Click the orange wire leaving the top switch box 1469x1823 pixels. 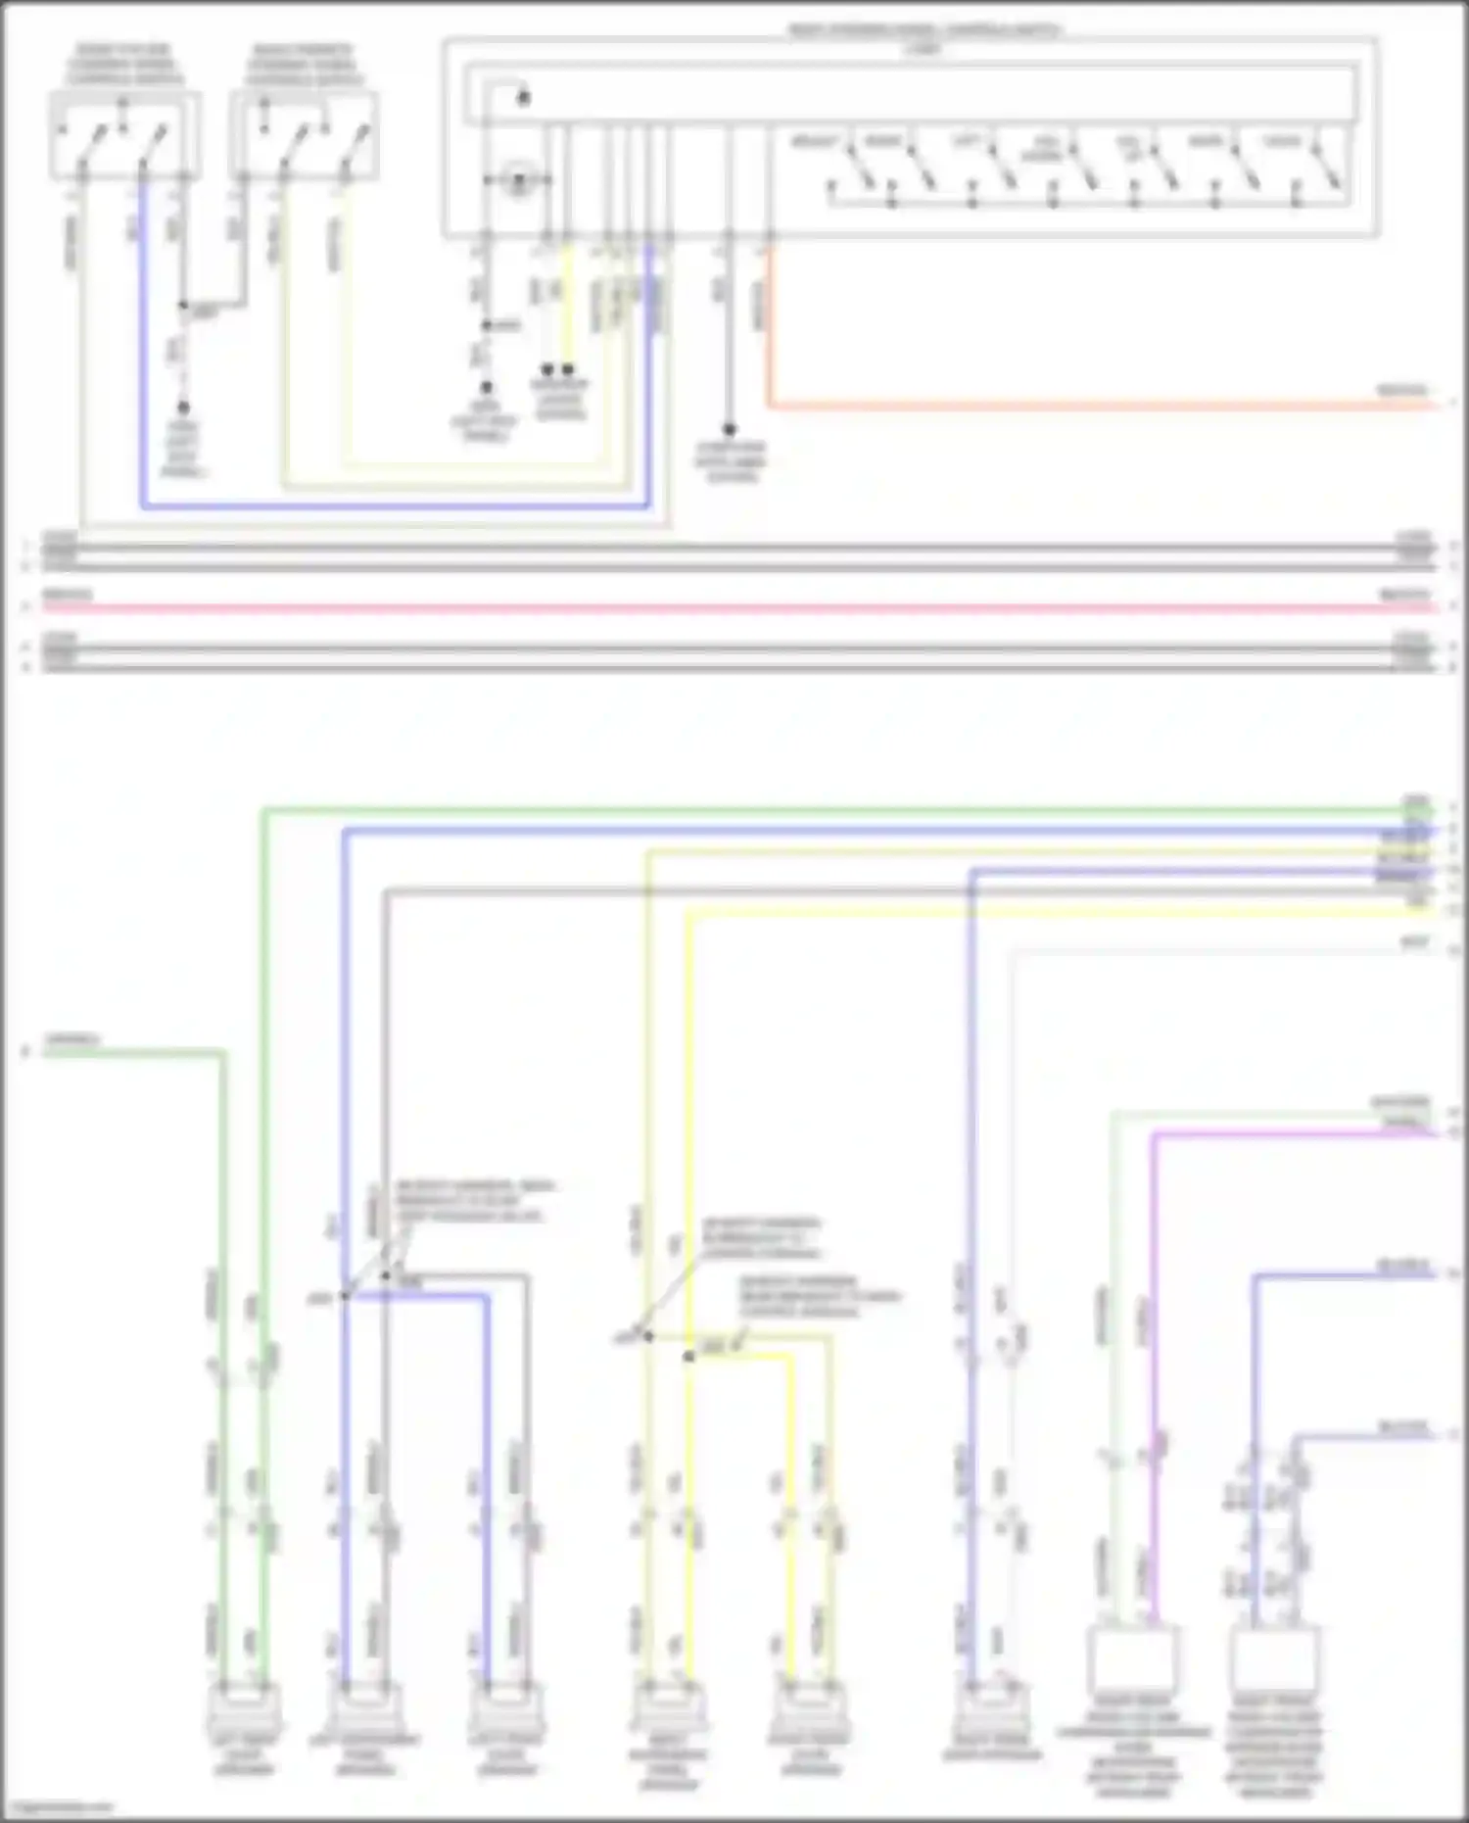1077,405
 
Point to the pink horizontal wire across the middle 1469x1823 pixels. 734,607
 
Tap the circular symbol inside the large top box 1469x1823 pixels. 517,180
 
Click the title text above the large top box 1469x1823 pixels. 924,31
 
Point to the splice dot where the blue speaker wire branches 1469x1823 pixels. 345,1296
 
